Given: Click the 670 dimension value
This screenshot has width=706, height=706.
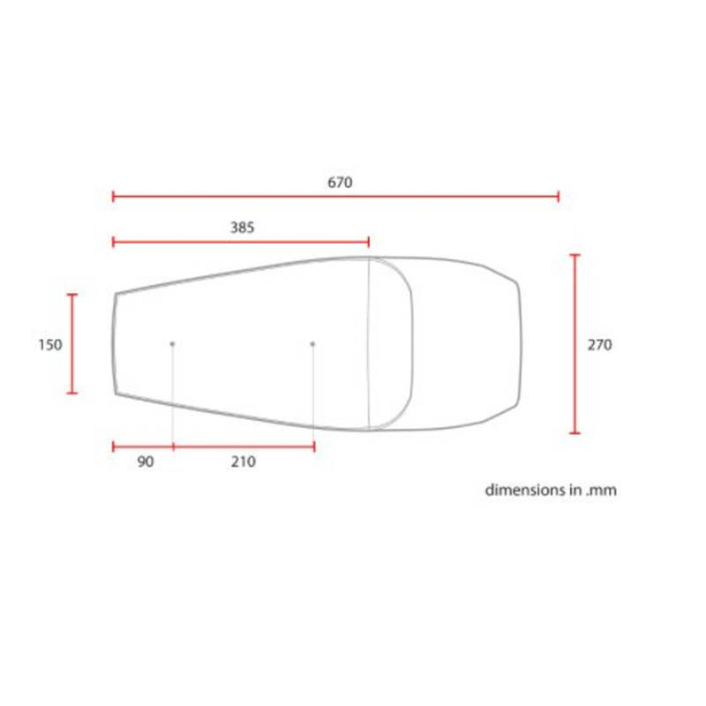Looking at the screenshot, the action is [340, 183].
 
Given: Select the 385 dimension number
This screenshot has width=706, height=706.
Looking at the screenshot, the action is [242, 228].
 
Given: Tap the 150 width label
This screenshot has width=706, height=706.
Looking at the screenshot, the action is [50, 345].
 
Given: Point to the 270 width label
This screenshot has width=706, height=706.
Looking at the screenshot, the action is [599, 345].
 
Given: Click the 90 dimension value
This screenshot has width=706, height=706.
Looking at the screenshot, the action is [146, 462].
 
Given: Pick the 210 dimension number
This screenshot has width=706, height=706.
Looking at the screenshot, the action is [244, 462].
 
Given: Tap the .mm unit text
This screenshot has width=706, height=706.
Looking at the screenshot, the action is [601, 491].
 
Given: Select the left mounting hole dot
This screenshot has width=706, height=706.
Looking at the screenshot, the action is [172, 344].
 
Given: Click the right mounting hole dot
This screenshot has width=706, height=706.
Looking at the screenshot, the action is [313, 344].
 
